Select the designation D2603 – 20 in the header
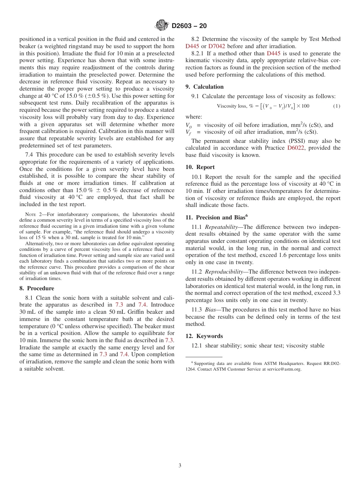point(189,26)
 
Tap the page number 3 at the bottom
point(180,466)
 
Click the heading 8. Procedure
point(37,288)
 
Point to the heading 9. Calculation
point(204,86)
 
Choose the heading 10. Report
point(200,167)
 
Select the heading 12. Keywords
point(204,336)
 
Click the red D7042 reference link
point(216,46)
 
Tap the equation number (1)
point(337,106)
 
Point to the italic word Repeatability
point(221,227)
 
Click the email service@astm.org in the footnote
point(284,369)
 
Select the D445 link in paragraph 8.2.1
point(274,53)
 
